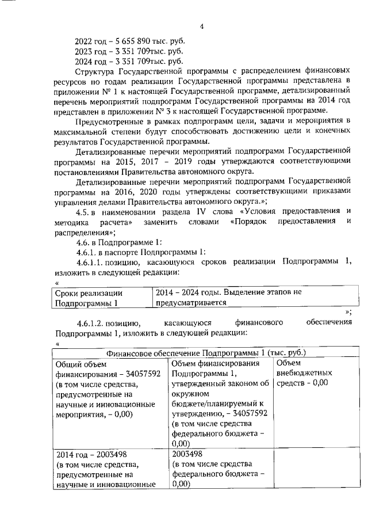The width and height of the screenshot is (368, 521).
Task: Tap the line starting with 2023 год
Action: (x=129, y=51)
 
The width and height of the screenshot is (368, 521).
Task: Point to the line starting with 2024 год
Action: (x=129, y=61)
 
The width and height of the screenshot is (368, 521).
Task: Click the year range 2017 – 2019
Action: (x=156, y=162)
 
